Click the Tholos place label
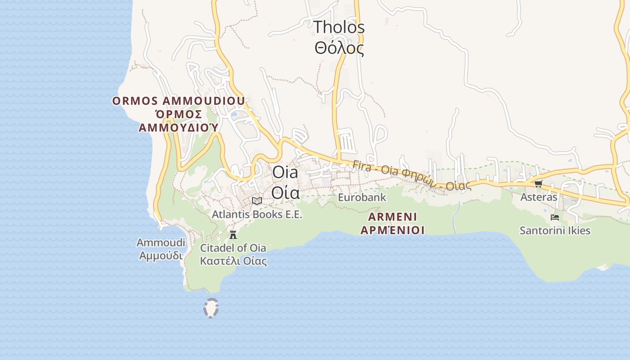pos(339,27)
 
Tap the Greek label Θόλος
pos(339,48)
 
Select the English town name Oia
pos(285,172)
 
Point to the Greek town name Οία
pos(285,192)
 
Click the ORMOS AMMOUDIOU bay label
pos(179,101)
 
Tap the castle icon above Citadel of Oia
pos(233,234)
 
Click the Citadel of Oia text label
pos(233,248)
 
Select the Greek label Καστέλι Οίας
pos(233,261)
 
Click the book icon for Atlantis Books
pos(257,201)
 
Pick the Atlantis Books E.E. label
pos(257,215)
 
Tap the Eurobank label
pos(362,198)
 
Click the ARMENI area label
pos(392,217)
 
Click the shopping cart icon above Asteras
pos(538,184)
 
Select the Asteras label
pos(539,197)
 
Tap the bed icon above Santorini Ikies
pos(555,217)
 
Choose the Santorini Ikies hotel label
pos(555,231)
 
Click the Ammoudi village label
pos(161,243)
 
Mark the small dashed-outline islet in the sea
pos(211,308)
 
